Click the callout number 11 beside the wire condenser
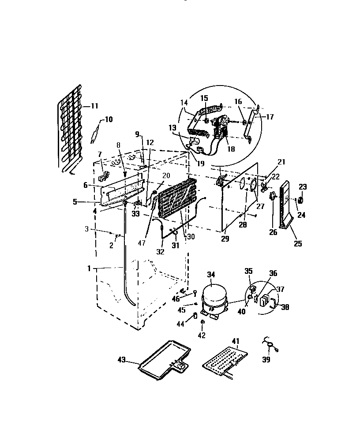click(95, 106)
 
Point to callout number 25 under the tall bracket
click(298, 243)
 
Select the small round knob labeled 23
click(302, 200)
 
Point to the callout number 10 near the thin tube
click(109, 119)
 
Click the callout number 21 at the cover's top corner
click(281, 162)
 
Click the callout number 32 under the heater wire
click(160, 252)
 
